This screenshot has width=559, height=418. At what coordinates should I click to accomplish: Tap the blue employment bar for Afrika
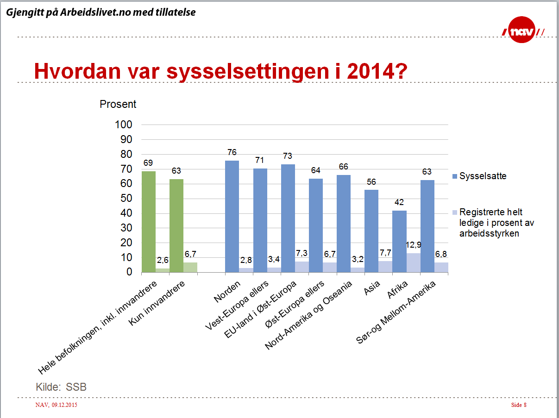[400, 241]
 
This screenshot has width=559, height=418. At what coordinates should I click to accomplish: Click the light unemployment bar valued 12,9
[414, 262]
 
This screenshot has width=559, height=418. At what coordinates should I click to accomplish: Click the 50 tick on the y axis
[126, 199]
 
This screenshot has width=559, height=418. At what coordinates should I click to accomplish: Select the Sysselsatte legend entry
[483, 176]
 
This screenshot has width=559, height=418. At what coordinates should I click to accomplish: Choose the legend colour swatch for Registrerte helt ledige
[454, 212]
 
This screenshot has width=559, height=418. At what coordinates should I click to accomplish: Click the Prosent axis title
[118, 104]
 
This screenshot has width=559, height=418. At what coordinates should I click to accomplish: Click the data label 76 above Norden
[232, 152]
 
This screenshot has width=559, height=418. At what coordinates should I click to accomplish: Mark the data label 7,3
[301, 253]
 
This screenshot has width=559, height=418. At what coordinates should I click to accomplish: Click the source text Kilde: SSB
[61, 387]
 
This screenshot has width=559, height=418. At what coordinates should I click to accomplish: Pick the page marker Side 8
[519, 406]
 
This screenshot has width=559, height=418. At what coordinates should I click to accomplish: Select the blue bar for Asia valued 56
[371, 231]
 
